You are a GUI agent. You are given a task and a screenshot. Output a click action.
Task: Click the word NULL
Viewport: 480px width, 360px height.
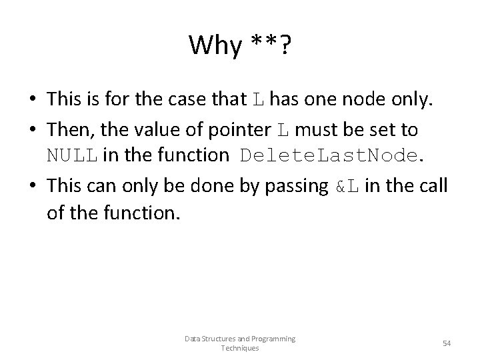72,155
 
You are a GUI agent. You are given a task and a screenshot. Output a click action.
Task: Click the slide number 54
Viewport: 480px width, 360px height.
447,343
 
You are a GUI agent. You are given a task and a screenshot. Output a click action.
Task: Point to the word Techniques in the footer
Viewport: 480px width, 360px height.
240,348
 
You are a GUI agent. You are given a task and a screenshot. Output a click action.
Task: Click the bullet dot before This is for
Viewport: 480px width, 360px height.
34,100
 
